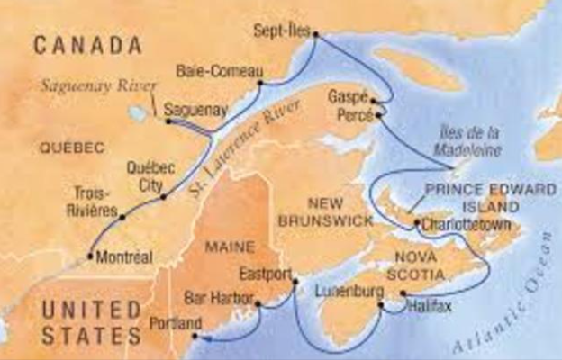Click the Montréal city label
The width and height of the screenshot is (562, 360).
[x=125, y=257]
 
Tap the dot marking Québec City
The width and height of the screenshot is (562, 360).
[x=162, y=197]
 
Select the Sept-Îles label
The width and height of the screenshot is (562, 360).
[x=281, y=30]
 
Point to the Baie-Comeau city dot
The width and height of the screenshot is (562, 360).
[x=260, y=83]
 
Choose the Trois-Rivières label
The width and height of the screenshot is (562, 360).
[x=92, y=201]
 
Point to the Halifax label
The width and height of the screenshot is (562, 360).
[x=427, y=306]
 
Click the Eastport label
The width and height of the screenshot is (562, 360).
[x=266, y=271]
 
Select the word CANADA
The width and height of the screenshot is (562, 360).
[x=88, y=45]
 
